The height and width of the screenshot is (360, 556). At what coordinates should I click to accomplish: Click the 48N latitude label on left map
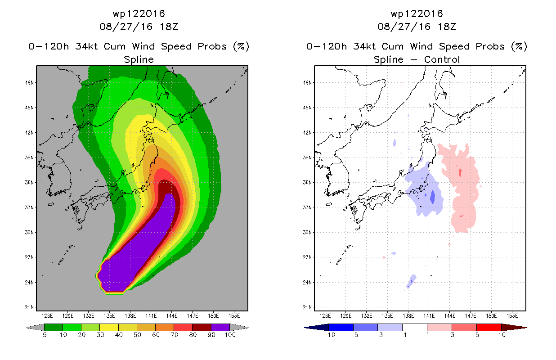coord(29,83)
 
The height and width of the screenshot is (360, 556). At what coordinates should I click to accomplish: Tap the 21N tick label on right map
coord(307,307)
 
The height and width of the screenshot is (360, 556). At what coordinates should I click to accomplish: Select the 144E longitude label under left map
coord(172,316)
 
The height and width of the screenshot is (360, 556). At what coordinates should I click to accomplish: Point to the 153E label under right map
coord(512,316)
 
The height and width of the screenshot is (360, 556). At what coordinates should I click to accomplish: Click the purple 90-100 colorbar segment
coord(220,327)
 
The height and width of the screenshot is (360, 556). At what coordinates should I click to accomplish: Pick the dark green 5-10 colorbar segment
coord(54,327)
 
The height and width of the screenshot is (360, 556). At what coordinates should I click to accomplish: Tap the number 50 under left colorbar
coord(137,335)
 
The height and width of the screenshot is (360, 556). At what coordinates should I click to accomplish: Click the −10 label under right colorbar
coord(329,335)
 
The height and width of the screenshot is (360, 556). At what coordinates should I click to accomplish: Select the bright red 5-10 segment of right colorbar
coord(489,327)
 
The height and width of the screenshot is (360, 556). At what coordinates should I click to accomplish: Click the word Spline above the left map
coord(139,60)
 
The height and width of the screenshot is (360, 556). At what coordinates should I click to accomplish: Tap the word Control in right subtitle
coord(442,59)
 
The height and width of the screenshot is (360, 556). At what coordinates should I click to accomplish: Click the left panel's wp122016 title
coord(139,14)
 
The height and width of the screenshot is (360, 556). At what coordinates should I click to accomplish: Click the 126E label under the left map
coord(47,316)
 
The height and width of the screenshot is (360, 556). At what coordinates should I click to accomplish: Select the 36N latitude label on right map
coord(307,183)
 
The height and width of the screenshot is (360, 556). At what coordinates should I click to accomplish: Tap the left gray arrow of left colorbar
coord(35,328)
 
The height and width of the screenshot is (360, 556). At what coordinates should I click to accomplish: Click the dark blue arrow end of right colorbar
coord(317,328)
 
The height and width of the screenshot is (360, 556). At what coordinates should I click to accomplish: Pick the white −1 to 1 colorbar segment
coord(415,327)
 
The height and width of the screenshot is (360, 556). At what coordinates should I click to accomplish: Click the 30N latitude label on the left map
coord(29,233)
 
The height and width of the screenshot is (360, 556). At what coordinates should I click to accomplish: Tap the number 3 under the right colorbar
coord(452,335)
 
